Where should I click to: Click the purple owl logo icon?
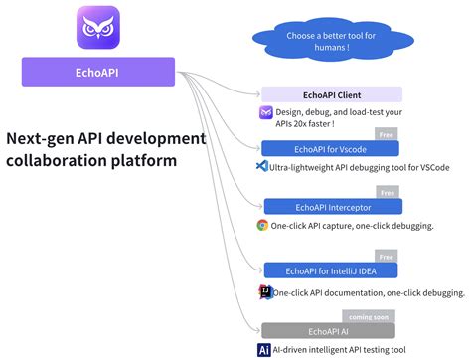97,29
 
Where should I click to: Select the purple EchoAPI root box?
97,72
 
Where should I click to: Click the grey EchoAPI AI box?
329,330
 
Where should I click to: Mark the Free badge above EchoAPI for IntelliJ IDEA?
387,257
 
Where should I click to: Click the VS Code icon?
263,167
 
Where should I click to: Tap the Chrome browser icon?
263,225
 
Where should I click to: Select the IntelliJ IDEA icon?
264,292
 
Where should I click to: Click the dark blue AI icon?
264,349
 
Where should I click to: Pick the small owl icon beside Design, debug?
265,113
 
